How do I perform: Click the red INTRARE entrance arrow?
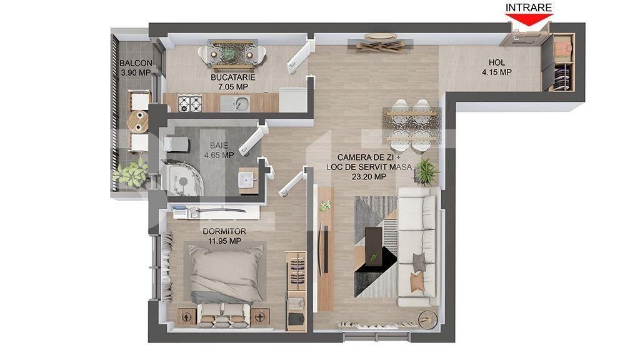coord(529,19)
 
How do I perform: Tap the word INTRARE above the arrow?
coord(529,7)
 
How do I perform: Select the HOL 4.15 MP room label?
coord(497,67)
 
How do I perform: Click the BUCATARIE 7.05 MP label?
coord(232,82)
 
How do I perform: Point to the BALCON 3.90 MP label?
coord(136,67)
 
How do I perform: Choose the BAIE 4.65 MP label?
coord(219,150)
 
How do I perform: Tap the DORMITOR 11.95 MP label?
coord(224,236)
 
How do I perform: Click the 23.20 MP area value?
coord(369,177)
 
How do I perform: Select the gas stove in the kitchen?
coord(190,103)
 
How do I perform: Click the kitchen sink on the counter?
coord(236,103)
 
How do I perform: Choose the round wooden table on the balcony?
coord(137,121)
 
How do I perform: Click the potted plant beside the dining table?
coord(426,171)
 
